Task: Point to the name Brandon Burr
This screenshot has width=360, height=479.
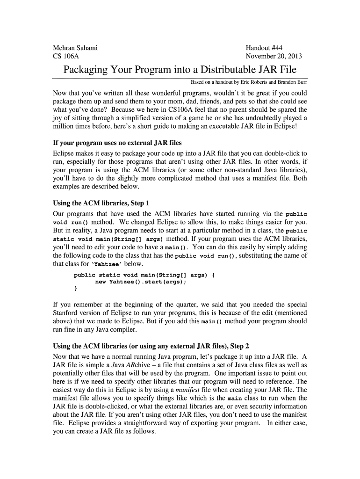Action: pos(293,82)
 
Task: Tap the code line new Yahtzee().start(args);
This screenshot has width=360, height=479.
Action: pos(141,282)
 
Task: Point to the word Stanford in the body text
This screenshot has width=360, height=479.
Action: pos(69,312)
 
